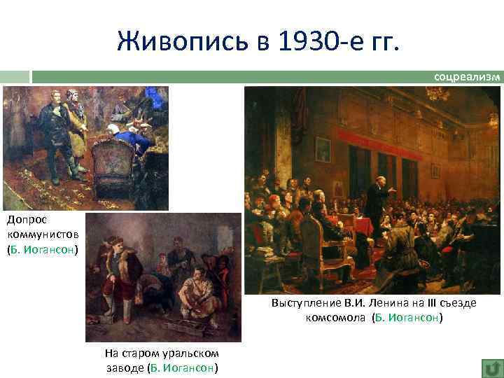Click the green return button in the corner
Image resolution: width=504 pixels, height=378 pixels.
491,367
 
